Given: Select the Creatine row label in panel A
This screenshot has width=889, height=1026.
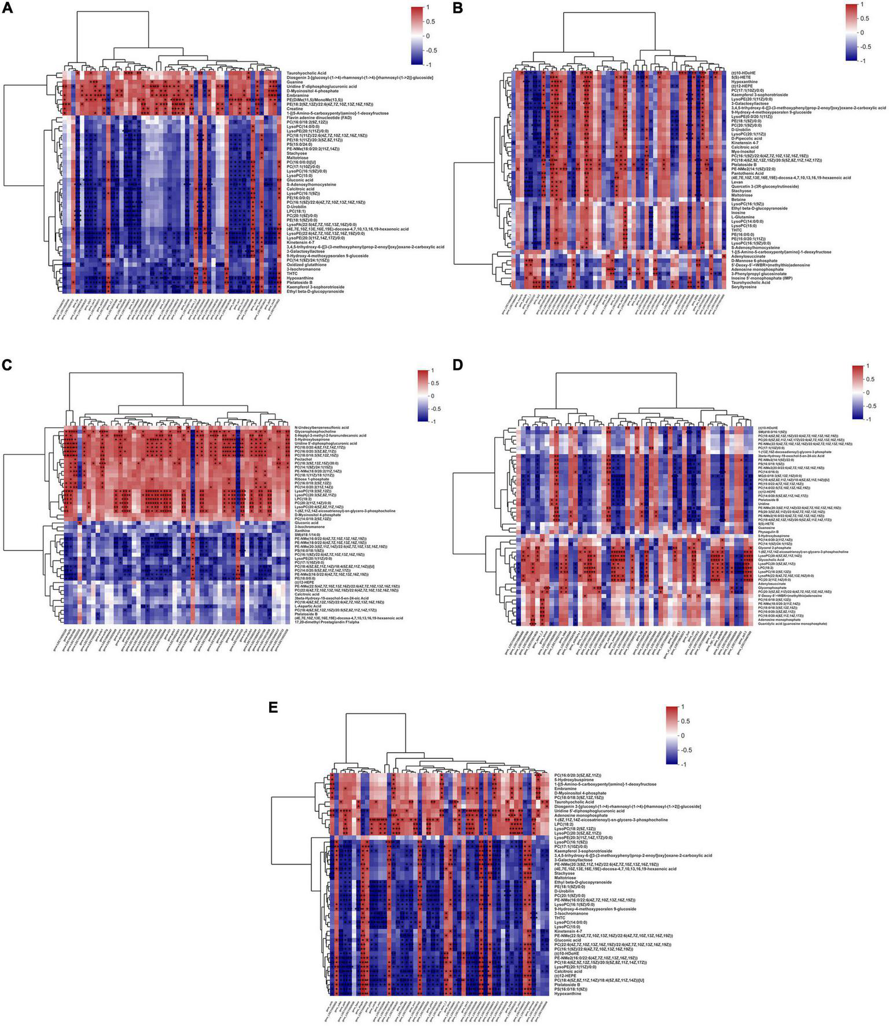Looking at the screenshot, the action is coord(297,108).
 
